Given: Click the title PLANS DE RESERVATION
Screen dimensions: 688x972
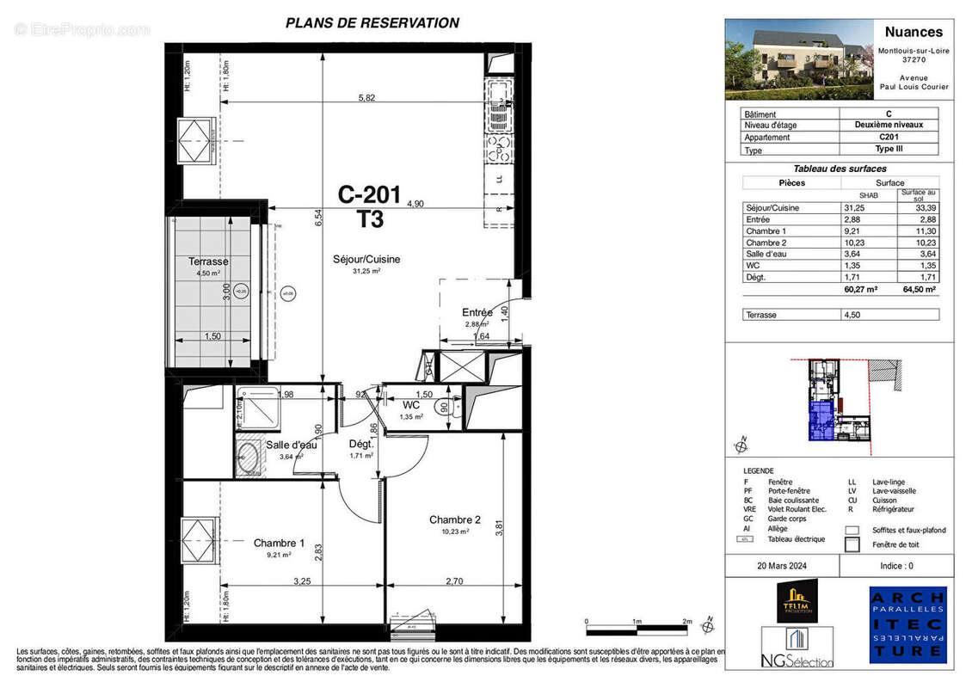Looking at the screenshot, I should click(372, 23).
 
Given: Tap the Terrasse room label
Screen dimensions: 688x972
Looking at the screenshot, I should click(208, 261).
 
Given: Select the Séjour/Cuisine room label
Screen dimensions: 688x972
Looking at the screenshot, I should click(367, 259).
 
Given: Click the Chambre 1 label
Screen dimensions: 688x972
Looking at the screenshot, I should click(279, 543).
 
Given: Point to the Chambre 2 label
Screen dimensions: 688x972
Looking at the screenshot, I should click(455, 519).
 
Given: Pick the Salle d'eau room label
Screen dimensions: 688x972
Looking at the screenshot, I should click(292, 445).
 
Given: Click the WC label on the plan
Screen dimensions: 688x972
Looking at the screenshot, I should click(411, 404).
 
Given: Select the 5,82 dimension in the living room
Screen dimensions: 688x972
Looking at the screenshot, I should click(367, 98).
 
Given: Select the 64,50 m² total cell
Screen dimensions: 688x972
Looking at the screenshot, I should click(917, 290).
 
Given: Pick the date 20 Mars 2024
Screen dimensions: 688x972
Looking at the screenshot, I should click(781, 566).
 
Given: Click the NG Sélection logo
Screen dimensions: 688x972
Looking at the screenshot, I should click(797, 647).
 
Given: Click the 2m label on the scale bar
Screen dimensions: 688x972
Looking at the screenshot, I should click(687, 621).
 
